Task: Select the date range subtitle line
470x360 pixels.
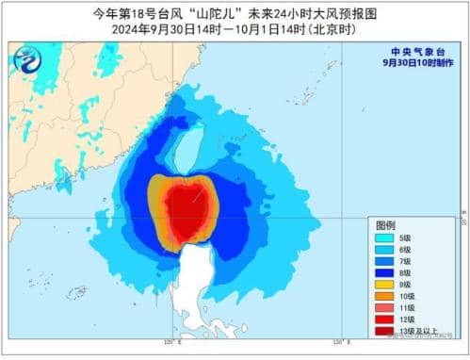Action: coord(235,28)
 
